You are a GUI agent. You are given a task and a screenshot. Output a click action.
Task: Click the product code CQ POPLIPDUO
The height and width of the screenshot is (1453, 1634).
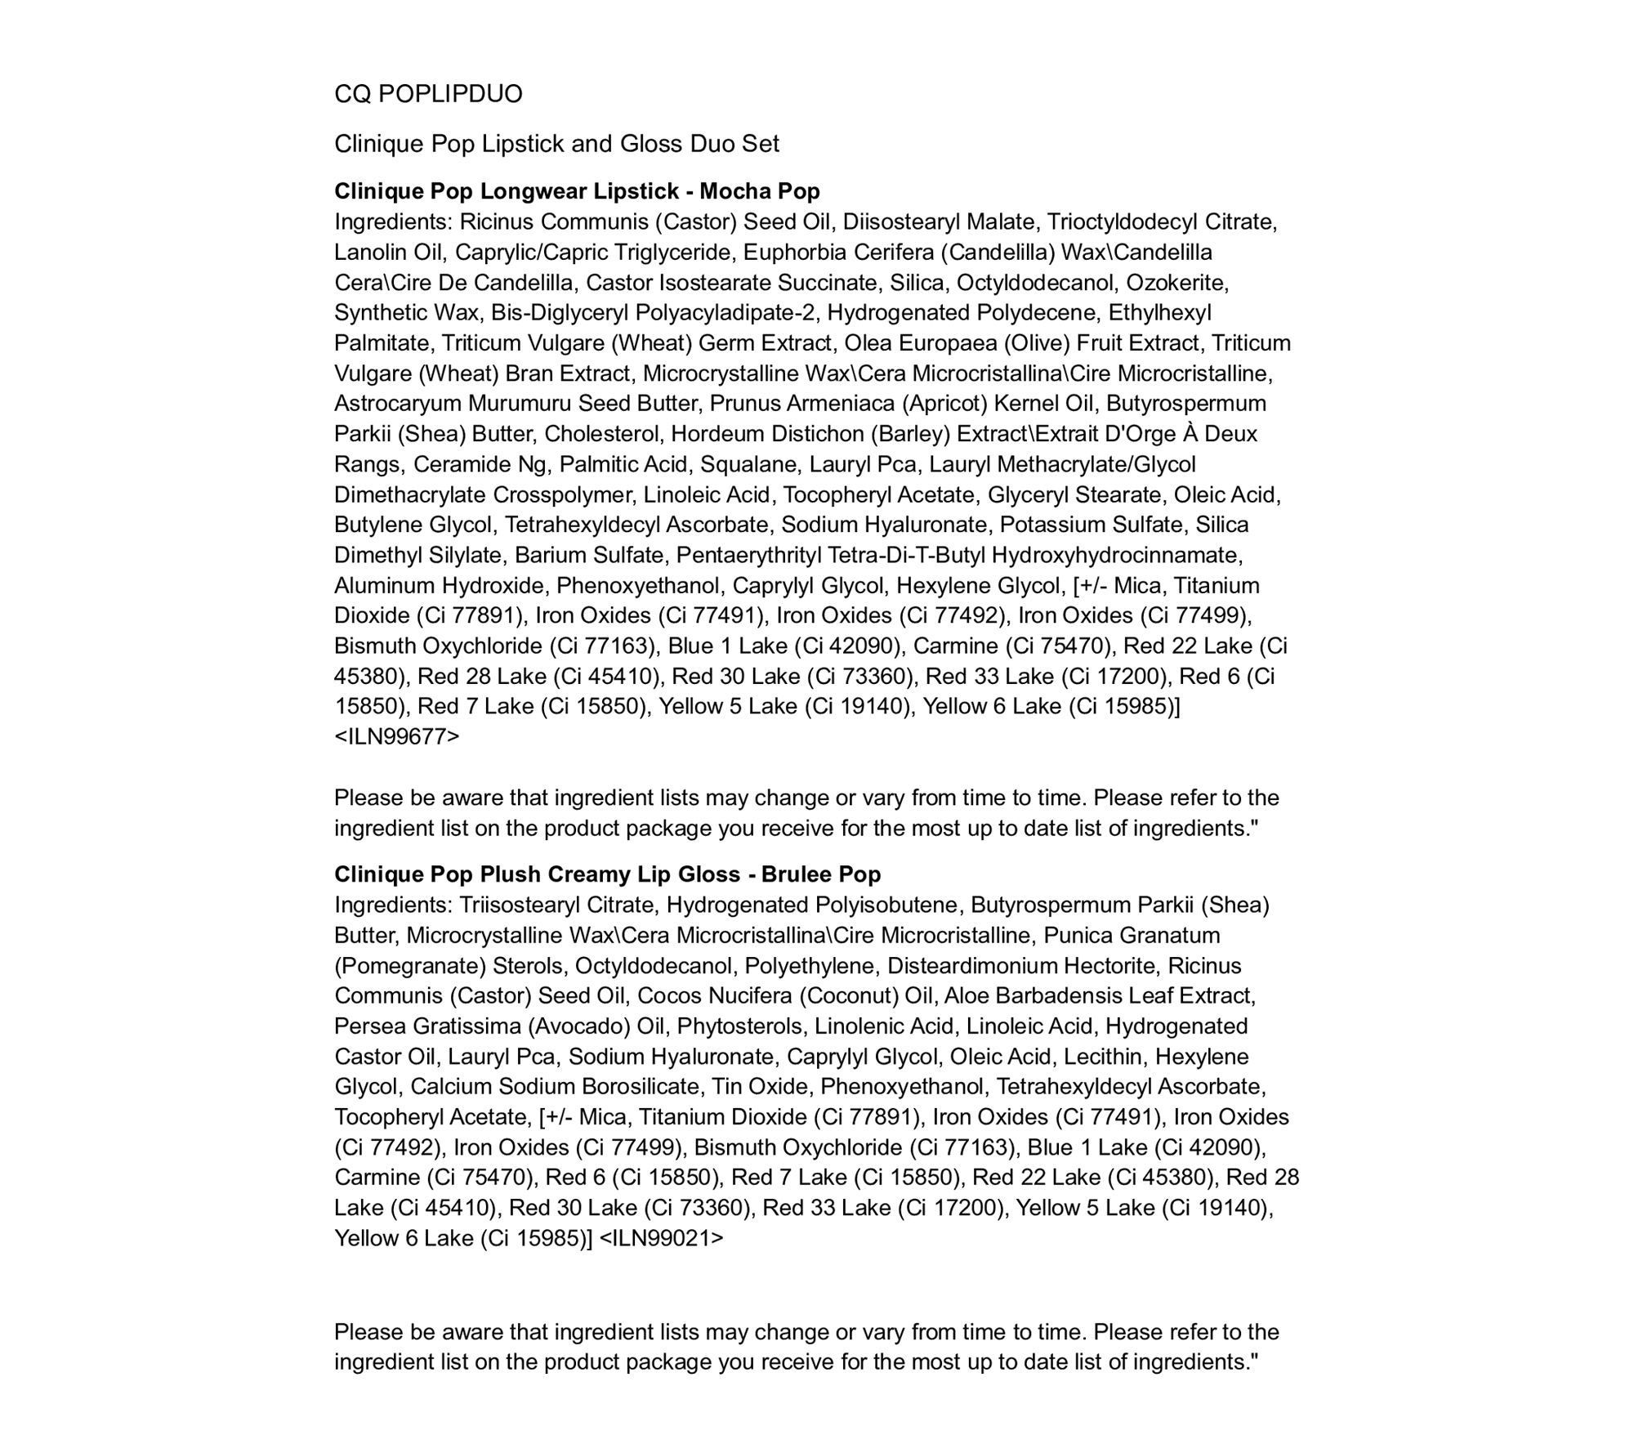pos(428,94)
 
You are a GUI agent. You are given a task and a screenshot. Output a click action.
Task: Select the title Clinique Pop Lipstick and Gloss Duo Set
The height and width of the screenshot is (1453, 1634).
pos(556,144)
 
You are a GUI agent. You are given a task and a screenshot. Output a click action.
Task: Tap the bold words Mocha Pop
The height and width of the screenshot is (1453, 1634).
pos(760,191)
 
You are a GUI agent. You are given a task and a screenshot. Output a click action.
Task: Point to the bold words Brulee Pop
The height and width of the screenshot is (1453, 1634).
pos(821,874)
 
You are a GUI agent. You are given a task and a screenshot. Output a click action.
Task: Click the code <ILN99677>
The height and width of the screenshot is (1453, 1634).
pos(396,736)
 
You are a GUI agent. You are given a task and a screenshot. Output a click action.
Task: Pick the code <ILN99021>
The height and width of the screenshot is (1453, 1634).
pos(661,1238)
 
